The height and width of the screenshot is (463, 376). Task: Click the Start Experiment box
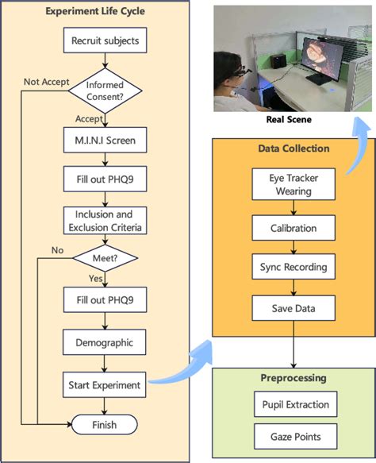tap(106, 385)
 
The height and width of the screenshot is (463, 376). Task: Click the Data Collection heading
tap(294, 148)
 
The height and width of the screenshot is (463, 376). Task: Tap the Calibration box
tap(294, 228)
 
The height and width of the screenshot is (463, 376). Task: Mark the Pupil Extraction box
tap(294, 405)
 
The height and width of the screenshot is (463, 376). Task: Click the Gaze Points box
tap(294, 437)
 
